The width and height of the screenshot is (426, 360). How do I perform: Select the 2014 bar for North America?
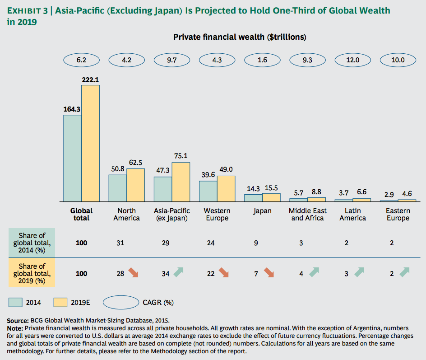coord(117,187)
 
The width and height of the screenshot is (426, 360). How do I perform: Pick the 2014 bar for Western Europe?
coord(208,191)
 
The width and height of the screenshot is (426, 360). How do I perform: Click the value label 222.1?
coord(90,79)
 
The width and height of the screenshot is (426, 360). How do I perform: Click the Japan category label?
coord(262,211)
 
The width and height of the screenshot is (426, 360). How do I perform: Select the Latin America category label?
coord(352,214)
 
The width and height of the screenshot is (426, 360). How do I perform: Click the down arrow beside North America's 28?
coord(134,273)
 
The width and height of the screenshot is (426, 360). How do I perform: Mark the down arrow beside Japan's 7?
coord(269,273)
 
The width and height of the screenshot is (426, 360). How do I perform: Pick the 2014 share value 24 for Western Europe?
coord(211,243)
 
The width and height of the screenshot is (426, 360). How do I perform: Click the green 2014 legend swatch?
coord(15,302)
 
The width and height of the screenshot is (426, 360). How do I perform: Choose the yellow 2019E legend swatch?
coord(60,302)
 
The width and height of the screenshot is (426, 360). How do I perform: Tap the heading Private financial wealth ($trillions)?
coord(240,37)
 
